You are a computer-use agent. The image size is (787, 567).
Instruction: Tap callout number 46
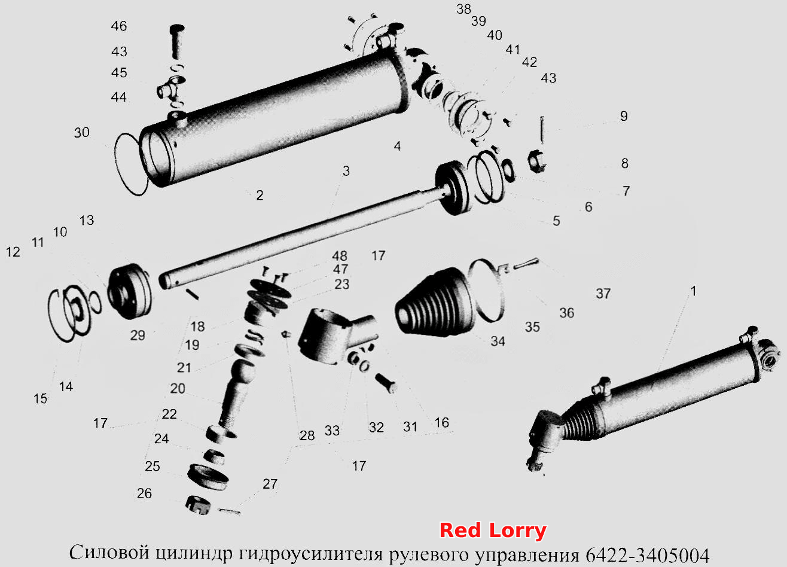tap(119, 26)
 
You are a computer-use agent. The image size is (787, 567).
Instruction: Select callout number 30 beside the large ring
tap(81, 132)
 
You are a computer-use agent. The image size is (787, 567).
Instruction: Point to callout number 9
tap(624, 116)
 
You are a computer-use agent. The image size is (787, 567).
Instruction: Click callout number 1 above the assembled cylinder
tap(693, 291)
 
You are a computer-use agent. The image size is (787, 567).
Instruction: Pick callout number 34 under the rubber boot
tap(498, 341)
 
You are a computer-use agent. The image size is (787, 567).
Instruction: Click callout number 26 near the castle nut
tap(144, 493)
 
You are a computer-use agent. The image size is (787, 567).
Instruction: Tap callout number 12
tap(13, 252)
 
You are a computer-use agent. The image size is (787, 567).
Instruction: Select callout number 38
tap(463, 9)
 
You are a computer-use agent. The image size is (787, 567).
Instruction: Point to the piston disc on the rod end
tap(452, 188)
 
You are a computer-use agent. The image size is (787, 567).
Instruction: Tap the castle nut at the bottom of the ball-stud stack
tap(198, 505)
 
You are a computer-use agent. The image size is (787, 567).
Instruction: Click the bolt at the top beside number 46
tap(178, 41)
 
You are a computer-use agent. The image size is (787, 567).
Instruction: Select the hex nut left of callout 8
tap(537, 161)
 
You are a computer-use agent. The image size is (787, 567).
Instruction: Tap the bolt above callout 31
tap(386, 383)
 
